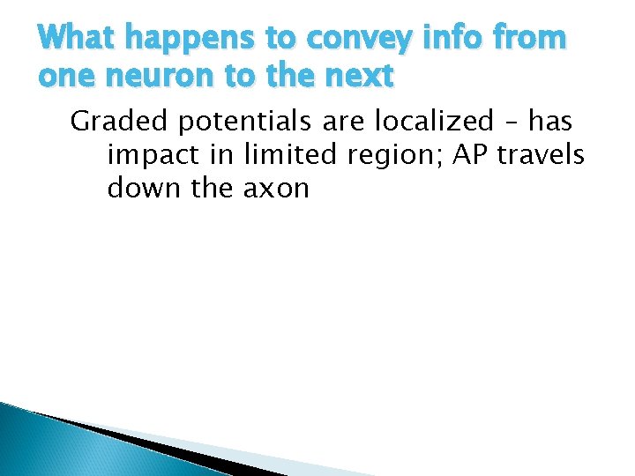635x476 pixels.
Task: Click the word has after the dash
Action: point(550,121)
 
